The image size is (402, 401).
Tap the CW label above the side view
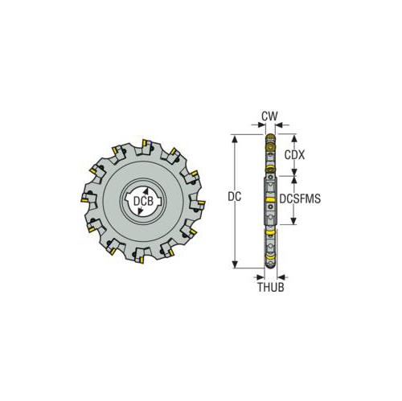tap(270, 117)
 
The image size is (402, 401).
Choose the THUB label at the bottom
tap(271, 284)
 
